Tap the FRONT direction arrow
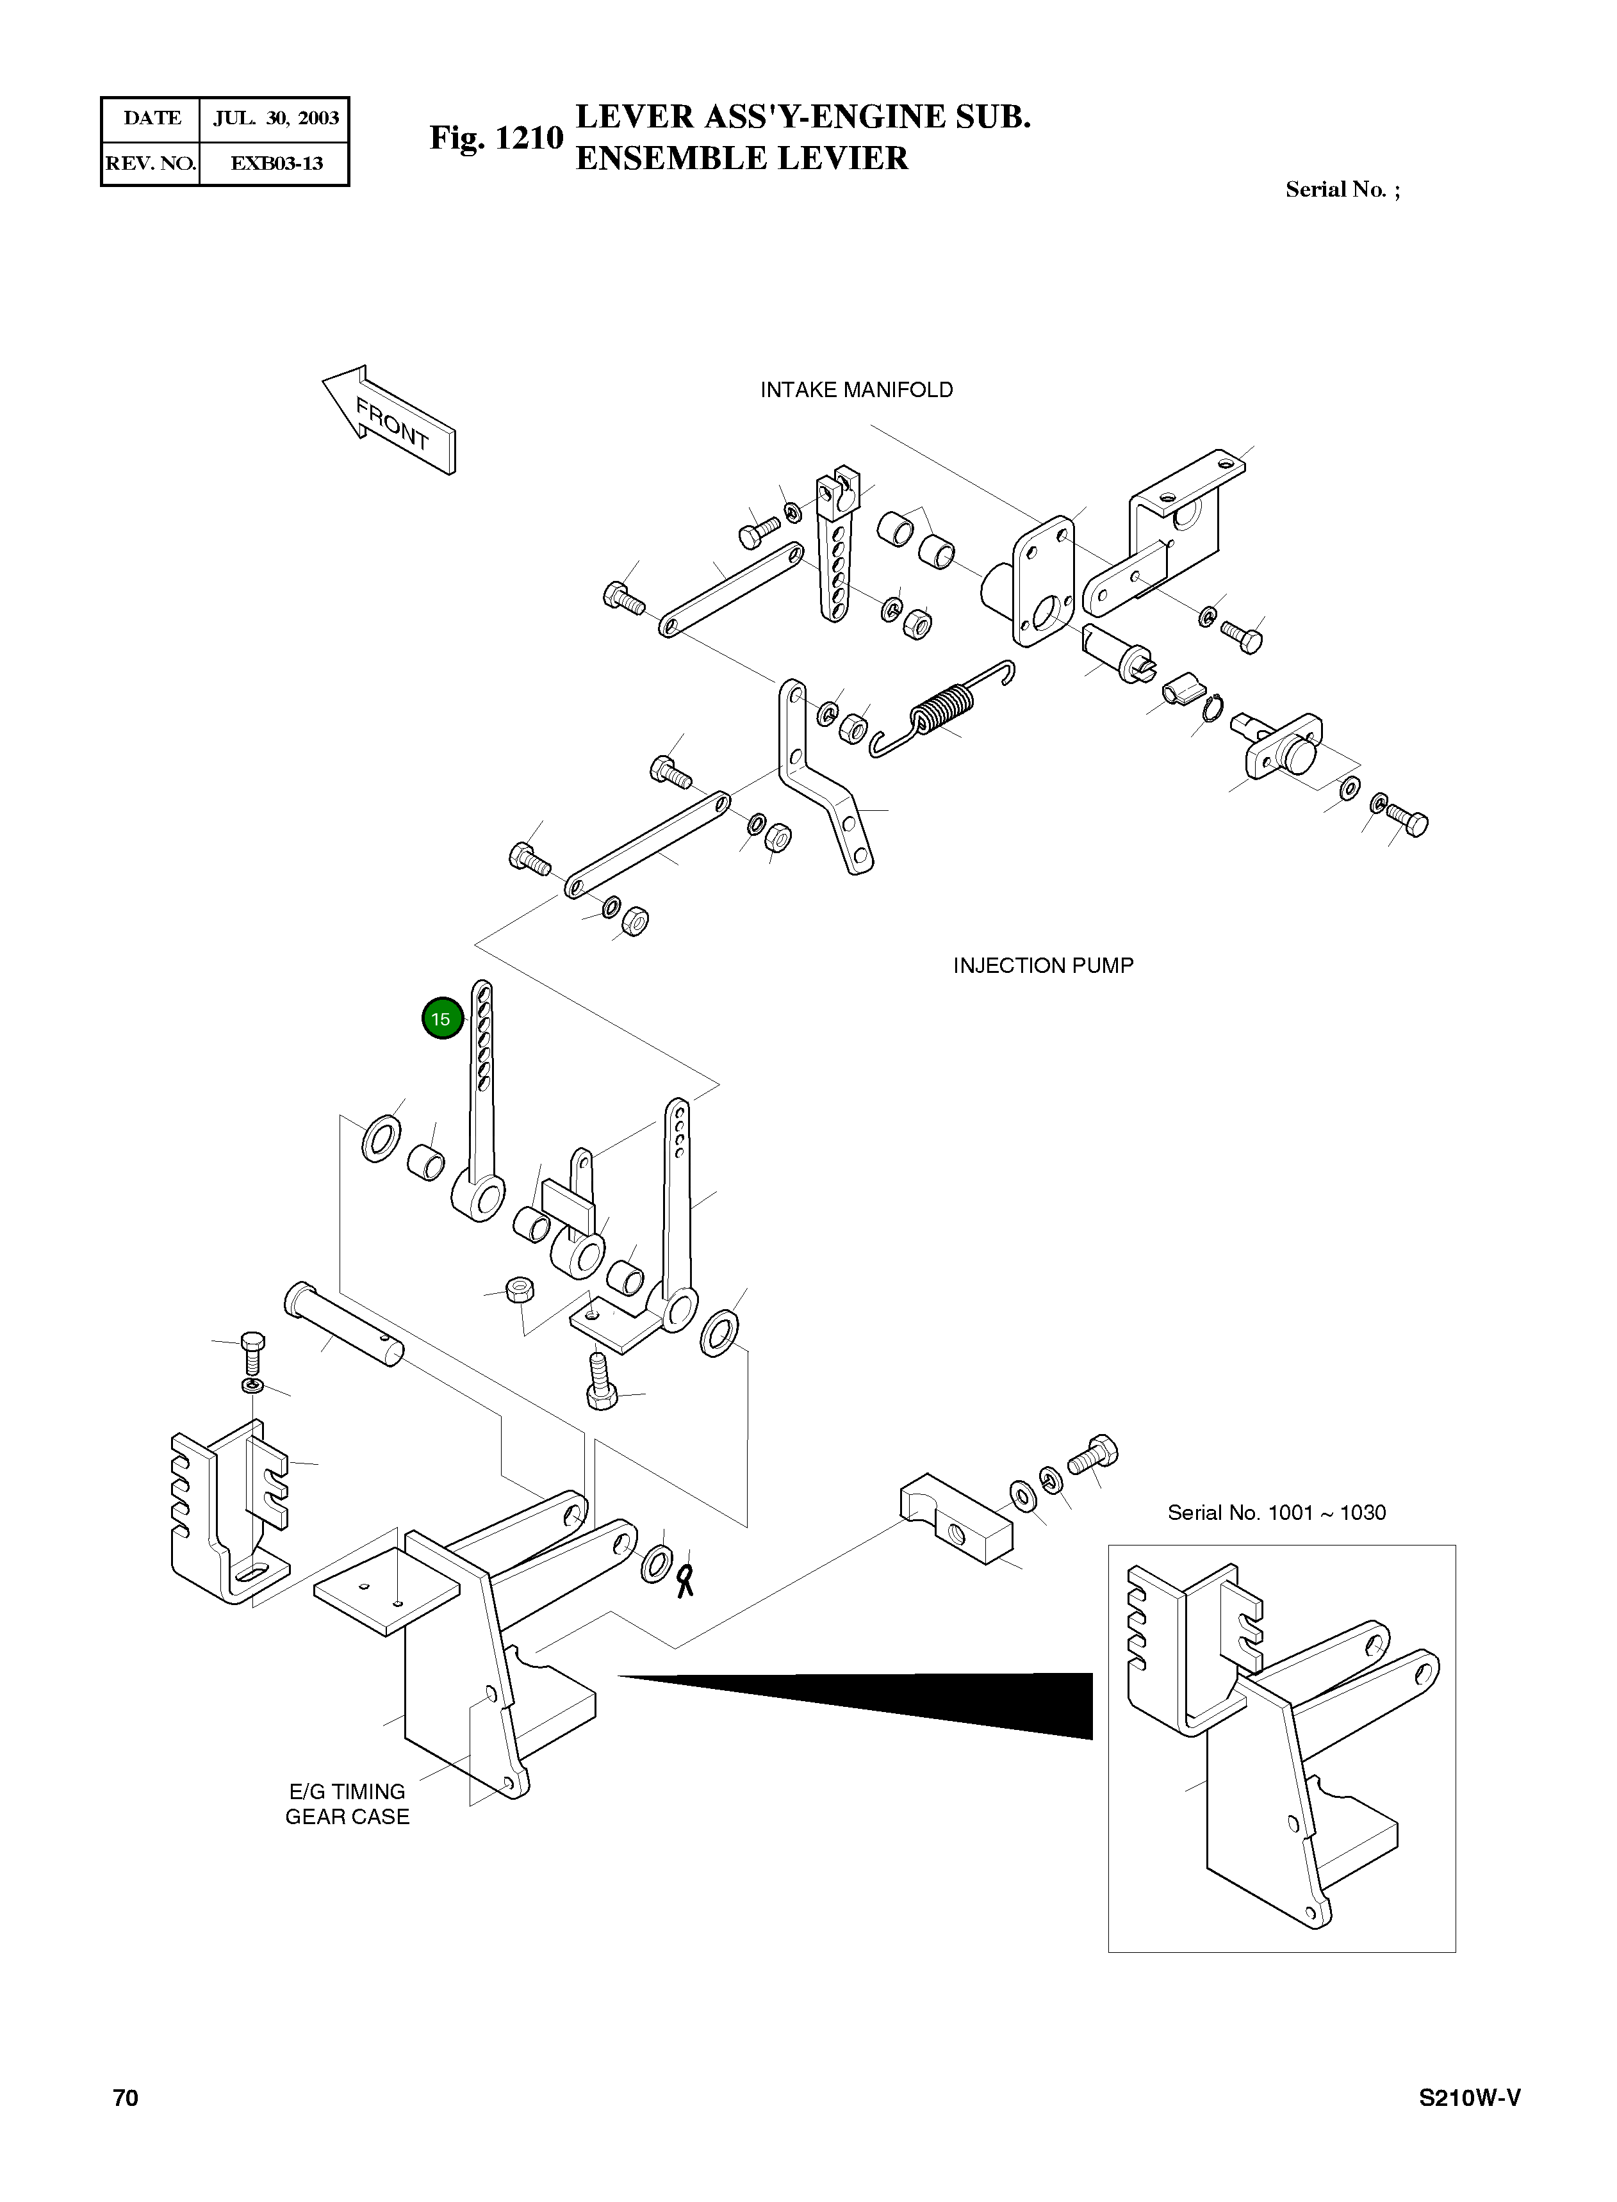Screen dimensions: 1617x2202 coord(390,421)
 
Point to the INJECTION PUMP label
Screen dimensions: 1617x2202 coord(1044,966)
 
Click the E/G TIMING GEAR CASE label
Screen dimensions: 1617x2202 coord(347,1804)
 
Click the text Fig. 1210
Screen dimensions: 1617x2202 coord(497,138)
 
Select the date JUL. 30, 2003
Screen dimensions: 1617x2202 coord(276,118)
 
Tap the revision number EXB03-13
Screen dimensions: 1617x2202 coord(277,163)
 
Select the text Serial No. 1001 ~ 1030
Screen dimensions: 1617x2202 coord(1276,1513)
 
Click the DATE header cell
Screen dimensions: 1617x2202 coord(152,118)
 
